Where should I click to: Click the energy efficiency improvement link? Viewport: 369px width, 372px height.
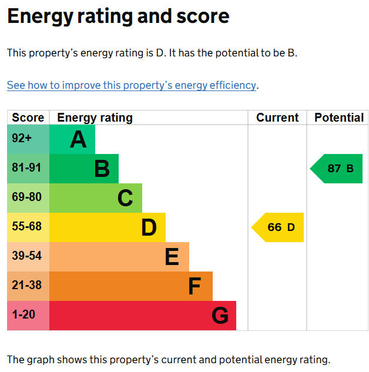(x=132, y=85)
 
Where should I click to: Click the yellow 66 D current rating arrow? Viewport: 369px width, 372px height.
(x=277, y=227)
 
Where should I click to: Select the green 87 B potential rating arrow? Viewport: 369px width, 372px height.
(x=336, y=169)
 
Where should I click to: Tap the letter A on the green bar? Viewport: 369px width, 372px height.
(x=78, y=139)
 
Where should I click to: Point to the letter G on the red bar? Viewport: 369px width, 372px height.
(x=220, y=316)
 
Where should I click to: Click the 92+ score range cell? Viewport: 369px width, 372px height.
(x=28, y=139)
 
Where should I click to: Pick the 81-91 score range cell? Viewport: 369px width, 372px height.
(x=28, y=169)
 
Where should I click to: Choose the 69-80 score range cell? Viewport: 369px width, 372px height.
(x=28, y=198)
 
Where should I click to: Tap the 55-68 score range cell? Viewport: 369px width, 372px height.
(x=28, y=227)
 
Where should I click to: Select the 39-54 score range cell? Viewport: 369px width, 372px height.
(x=28, y=257)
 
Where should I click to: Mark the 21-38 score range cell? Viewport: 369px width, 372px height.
(x=28, y=286)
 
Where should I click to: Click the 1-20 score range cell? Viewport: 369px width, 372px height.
(x=28, y=316)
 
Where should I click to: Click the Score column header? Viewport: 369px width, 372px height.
(x=28, y=118)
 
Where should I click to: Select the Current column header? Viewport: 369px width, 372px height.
(x=277, y=118)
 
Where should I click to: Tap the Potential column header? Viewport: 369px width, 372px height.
(x=339, y=118)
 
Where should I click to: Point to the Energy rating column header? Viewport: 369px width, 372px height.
(x=95, y=118)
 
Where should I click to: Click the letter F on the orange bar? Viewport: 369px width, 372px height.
(x=194, y=286)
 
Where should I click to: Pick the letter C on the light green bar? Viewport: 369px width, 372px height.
(x=125, y=198)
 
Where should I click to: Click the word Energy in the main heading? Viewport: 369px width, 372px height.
(x=41, y=16)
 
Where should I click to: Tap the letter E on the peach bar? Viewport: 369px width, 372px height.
(x=172, y=256)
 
